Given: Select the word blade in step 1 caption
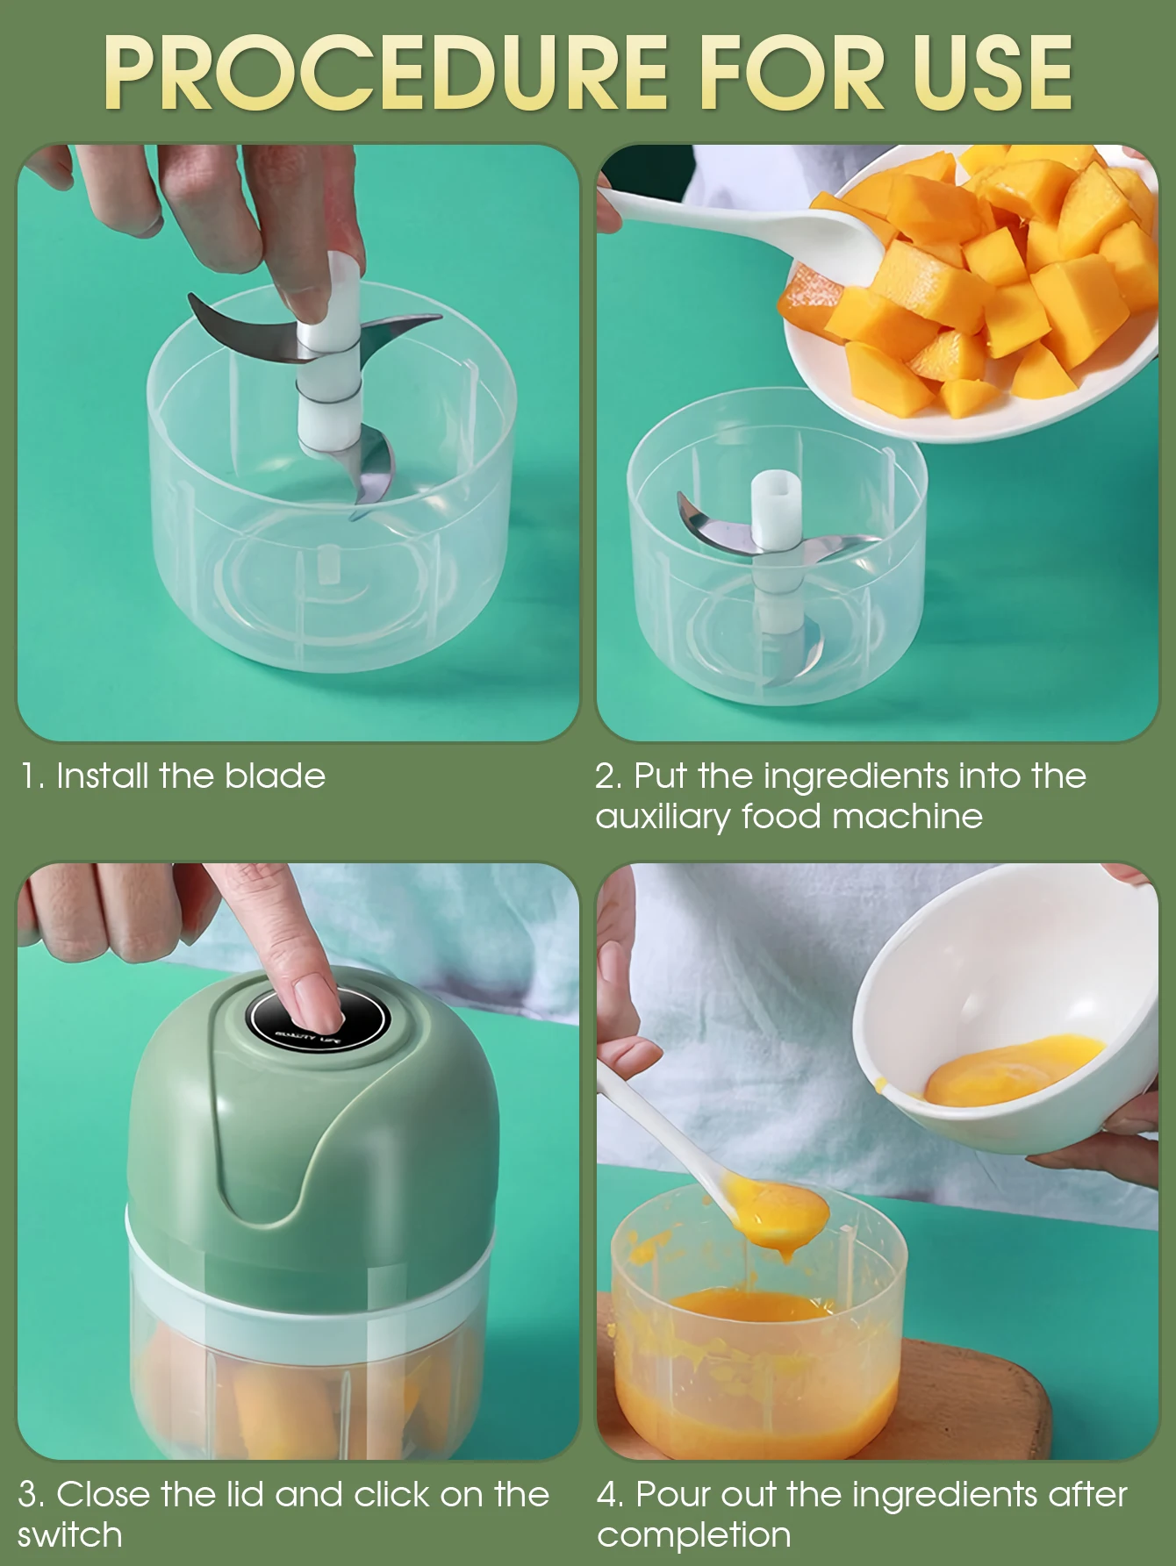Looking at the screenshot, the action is coord(275,776).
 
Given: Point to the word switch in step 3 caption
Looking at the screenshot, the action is coord(69,1535).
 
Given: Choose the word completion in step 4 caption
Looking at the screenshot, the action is coord(694,1536).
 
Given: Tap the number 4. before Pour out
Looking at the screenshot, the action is coord(611,1494).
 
